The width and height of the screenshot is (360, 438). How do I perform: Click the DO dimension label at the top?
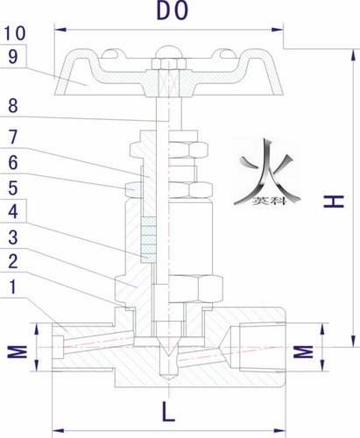(173, 11)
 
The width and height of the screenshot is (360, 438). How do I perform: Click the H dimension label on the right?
(335, 201)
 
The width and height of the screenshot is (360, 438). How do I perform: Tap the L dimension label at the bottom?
(168, 412)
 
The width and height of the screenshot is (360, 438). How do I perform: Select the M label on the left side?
(18, 351)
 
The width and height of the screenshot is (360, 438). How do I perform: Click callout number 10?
(15, 33)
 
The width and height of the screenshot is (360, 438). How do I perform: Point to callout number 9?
(13, 56)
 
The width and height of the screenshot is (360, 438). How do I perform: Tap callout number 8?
(13, 105)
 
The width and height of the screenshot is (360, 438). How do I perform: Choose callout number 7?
(13, 137)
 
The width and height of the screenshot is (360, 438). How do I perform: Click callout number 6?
(13, 162)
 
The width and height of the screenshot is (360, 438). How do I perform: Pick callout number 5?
(13, 187)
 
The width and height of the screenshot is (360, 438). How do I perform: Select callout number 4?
(13, 211)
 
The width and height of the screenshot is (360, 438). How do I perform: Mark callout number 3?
(13, 237)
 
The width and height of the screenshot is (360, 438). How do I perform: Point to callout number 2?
(13, 261)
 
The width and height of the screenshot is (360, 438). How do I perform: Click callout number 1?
(13, 286)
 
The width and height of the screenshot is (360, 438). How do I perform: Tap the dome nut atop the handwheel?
(169, 52)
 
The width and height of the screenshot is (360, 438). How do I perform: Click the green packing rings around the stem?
(148, 239)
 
